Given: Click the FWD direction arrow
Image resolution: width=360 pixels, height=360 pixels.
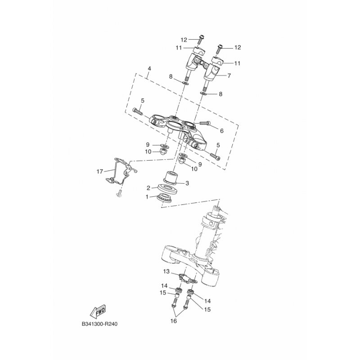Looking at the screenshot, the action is click(x=98, y=311).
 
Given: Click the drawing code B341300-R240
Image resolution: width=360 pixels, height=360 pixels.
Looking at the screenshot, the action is click(x=99, y=324).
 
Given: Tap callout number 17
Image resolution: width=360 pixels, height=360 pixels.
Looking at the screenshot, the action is click(x=99, y=171).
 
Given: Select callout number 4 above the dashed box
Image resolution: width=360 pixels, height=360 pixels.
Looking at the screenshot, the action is click(x=149, y=68).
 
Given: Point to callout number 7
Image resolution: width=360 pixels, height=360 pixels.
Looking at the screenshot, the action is click(x=229, y=75).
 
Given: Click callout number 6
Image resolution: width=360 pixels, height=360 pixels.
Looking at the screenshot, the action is click(x=221, y=131).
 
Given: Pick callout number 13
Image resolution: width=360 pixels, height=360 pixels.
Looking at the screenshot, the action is click(x=166, y=272).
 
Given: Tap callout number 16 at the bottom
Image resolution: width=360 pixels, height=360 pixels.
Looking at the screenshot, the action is click(x=174, y=321).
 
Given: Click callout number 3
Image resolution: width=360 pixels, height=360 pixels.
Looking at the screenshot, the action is click(x=187, y=183).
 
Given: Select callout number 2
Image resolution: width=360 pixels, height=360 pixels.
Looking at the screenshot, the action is click(x=148, y=188).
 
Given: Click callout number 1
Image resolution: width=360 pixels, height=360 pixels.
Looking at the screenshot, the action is click(x=147, y=197).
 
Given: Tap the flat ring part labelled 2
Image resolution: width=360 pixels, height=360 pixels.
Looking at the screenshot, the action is click(x=167, y=189).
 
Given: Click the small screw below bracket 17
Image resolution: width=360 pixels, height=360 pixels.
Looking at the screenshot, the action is click(x=119, y=193).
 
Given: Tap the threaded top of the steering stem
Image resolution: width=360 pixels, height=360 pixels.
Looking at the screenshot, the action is click(x=217, y=209).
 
